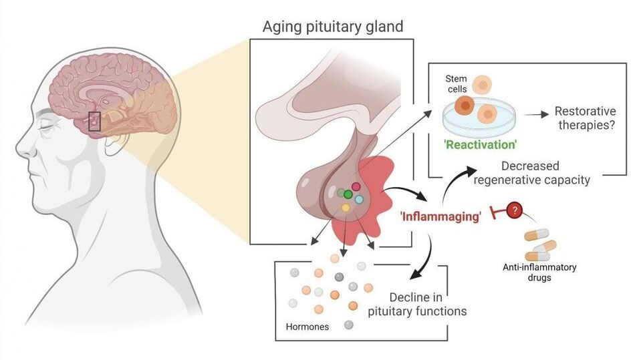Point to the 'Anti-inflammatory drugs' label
pyautogui.click(x=539, y=272)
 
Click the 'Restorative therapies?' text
pyautogui.click(x=586, y=118)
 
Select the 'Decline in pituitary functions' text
pyautogui.click(x=417, y=304)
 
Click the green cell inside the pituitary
pyautogui.click(x=348, y=194)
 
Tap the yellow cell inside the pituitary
pyautogui.click(x=346, y=208)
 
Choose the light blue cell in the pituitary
pyautogui.click(x=358, y=200)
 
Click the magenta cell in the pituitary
pyautogui.click(x=356, y=187)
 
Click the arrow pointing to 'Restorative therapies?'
pyautogui.click(x=532, y=115)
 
